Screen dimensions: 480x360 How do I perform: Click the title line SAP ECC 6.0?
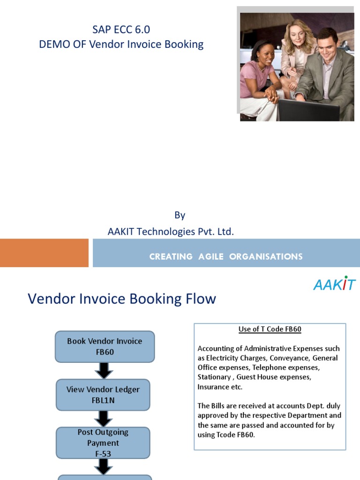pyautogui.click(x=121, y=30)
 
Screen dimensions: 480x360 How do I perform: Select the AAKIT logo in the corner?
pyautogui.click(x=334, y=284)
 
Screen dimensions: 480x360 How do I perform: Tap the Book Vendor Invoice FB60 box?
pyautogui.click(x=105, y=346)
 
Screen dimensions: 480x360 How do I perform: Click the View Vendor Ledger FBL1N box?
pyautogui.click(x=103, y=395)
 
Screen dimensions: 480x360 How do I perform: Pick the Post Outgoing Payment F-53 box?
pyautogui.click(x=103, y=442)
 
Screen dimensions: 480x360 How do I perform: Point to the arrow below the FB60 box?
pyautogui.click(x=104, y=370)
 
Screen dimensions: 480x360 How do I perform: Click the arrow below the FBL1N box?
pyautogui.click(x=103, y=419)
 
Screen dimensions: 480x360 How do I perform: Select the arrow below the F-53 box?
pyautogui.click(x=103, y=467)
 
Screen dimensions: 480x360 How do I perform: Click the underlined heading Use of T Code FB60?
pyautogui.click(x=270, y=329)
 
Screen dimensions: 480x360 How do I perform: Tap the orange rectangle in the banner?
pyautogui.click(x=44, y=253)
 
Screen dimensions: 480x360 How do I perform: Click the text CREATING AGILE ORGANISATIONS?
pyautogui.click(x=226, y=256)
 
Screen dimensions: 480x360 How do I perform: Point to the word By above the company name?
pyautogui.click(x=180, y=215)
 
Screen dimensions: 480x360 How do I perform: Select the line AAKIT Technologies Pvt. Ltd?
pyautogui.click(x=171, y=232)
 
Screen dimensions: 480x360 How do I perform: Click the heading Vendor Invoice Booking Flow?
pyautogui.click(x=122, y=299)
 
